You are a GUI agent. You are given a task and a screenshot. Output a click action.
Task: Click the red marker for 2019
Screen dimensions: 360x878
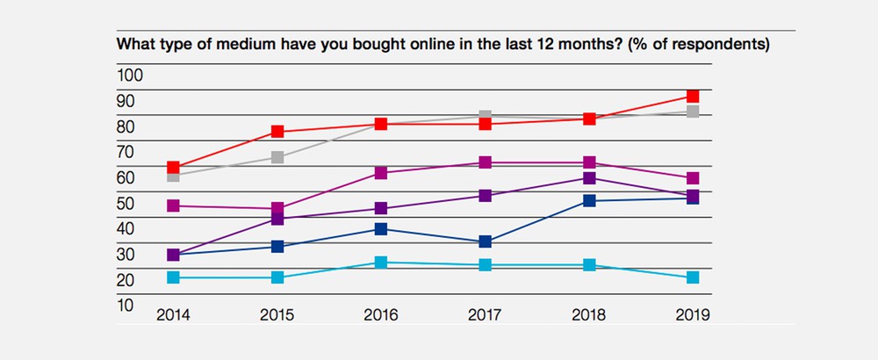click(x=692, y=97)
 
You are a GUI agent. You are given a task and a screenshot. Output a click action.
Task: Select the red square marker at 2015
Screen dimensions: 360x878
click(x=277, y=132)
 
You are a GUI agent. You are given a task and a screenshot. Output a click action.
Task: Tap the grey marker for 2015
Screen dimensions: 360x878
click(x=277, y=158)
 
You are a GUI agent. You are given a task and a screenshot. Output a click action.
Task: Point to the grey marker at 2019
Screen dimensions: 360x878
click(x=692, y=112)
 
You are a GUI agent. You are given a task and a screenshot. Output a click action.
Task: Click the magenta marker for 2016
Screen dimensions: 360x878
click(x=381, y=173)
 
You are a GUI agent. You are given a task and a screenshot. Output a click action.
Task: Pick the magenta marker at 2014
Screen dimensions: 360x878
click(x=174, y=206)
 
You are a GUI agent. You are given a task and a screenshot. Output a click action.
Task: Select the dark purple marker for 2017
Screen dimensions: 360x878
click(x=485, y=196)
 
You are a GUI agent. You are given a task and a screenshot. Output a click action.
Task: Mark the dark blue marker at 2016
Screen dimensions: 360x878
click(x=381, y=229)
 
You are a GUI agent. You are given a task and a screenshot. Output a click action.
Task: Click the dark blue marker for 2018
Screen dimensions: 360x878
click(x=588, y=201)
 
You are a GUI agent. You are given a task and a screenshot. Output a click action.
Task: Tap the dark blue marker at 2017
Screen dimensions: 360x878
click(x=485, y=241)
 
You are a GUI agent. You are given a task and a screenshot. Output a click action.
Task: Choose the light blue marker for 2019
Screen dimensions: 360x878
click(x=692, y=277)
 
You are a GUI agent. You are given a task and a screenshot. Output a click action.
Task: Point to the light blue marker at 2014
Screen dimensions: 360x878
click(x=174, y=277)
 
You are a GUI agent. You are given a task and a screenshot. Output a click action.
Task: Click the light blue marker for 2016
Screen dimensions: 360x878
click(x=381, y=263)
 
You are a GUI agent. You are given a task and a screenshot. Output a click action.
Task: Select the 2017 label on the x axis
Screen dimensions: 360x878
click(x=485, y=314)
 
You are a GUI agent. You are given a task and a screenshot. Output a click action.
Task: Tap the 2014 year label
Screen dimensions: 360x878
click(x=174, y=314)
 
